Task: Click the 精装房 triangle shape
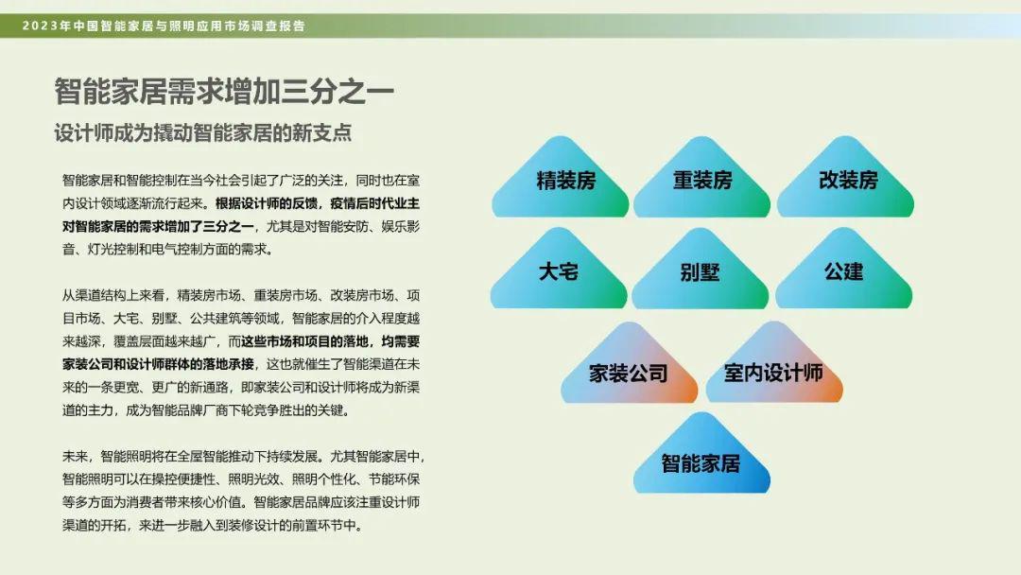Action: point(565,181)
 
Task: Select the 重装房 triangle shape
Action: point(702,181)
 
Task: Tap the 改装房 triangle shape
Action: point(847,181)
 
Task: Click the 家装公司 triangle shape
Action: point(628,372)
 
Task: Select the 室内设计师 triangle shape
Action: point(773,372)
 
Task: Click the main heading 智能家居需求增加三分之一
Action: point(223,92)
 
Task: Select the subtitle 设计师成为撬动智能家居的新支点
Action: point(203,133)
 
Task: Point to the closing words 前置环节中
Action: point(331,526)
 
